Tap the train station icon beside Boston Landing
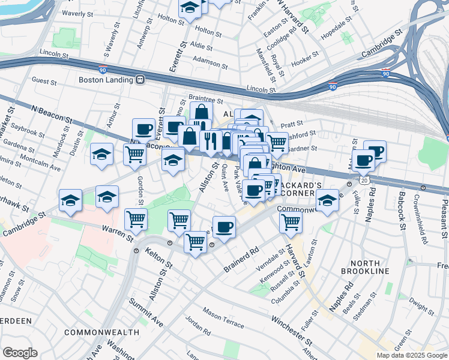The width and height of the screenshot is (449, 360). point(139,79)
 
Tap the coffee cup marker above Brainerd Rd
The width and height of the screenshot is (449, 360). point(224,227)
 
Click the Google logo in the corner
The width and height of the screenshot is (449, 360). point(20,353)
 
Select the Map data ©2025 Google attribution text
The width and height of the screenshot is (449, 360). point(411,355)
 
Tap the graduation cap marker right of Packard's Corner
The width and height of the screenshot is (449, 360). point(327,201)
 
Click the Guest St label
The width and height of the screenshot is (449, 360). point(44,80)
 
